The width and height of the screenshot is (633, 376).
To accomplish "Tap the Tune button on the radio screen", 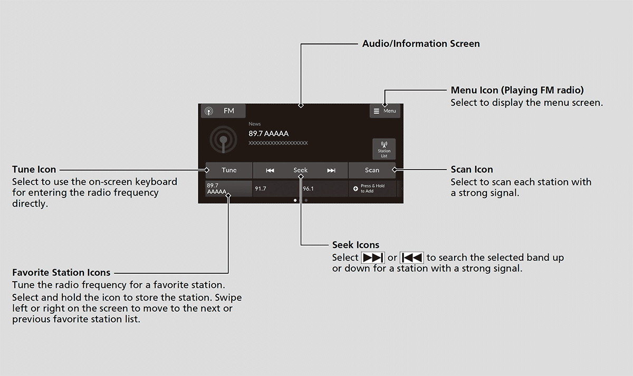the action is [x=229, y=170].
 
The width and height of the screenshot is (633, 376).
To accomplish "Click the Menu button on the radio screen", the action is [x=385, y=111].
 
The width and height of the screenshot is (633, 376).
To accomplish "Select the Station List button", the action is [x=384, y=149].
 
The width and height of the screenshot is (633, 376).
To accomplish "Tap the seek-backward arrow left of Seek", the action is [x=270, y=171].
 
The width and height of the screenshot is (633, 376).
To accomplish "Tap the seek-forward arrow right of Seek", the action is [x=331, y=171].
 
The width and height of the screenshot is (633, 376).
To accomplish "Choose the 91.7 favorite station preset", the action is [x=276, y=189].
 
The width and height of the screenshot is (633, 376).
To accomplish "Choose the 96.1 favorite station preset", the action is [x=324, y=189].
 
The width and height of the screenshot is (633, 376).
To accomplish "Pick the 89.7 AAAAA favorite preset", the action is [x=228, y=189].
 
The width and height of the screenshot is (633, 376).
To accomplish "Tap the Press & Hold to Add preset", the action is [x=372, y=189].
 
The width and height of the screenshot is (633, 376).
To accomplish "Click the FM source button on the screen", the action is [x=223, y=111].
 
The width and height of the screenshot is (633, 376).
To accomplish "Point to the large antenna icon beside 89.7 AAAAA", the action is [x=223, y=140].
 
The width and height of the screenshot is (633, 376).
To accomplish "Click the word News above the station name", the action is [x=255, y=124].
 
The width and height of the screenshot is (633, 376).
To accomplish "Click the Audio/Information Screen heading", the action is [x=421, y=44].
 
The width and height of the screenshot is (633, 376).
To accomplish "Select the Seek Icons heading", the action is [x=356, y=245].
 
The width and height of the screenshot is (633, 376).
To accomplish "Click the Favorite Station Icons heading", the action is [x=61, y=272].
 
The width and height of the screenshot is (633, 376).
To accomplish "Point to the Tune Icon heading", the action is [x=34, y=170].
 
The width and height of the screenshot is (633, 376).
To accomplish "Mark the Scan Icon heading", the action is [x=472, y=170].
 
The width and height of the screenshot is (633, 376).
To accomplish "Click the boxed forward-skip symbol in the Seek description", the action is [x=373, y=258].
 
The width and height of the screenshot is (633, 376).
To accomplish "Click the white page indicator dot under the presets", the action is [x=295, y=200].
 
